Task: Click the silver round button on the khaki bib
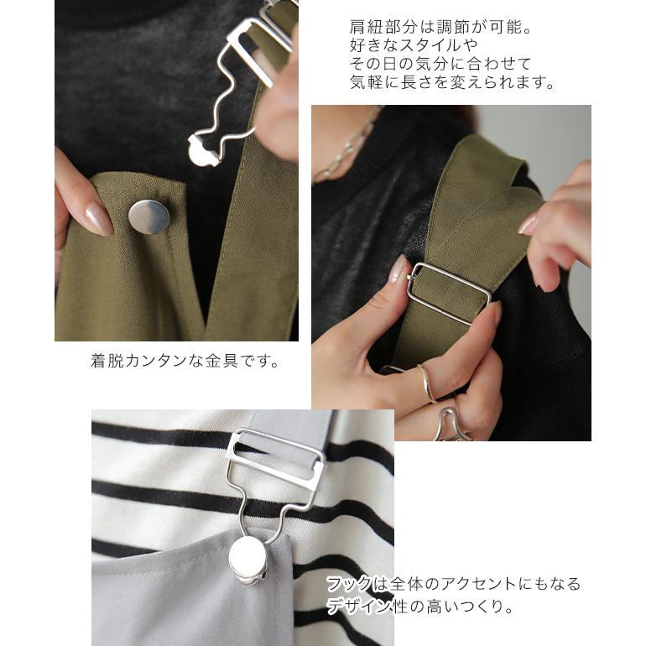pyautogui.click(x=148, y=216)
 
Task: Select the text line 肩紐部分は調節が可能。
pyautogui.click(x=441, y=27)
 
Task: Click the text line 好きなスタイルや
pyautogui.click(x=408, y=45)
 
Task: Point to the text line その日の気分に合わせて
pyautogui.click(x=440, y=64)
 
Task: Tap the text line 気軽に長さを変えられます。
pyautogui.click(x=452, y=82)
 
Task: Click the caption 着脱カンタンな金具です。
pyautogui.click(x=185, y=362)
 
